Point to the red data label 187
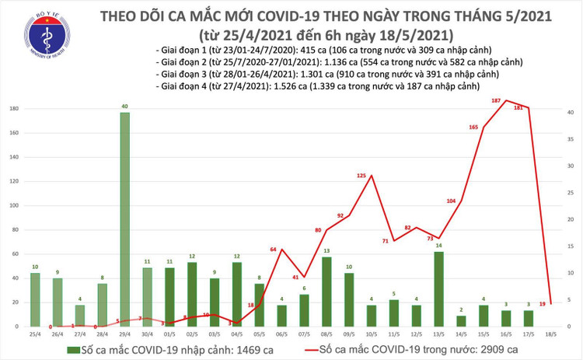(494, 101)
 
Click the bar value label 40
(124, 107)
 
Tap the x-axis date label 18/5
(551, 334)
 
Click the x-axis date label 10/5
(372, 334)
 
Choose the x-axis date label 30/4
(147, 334)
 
